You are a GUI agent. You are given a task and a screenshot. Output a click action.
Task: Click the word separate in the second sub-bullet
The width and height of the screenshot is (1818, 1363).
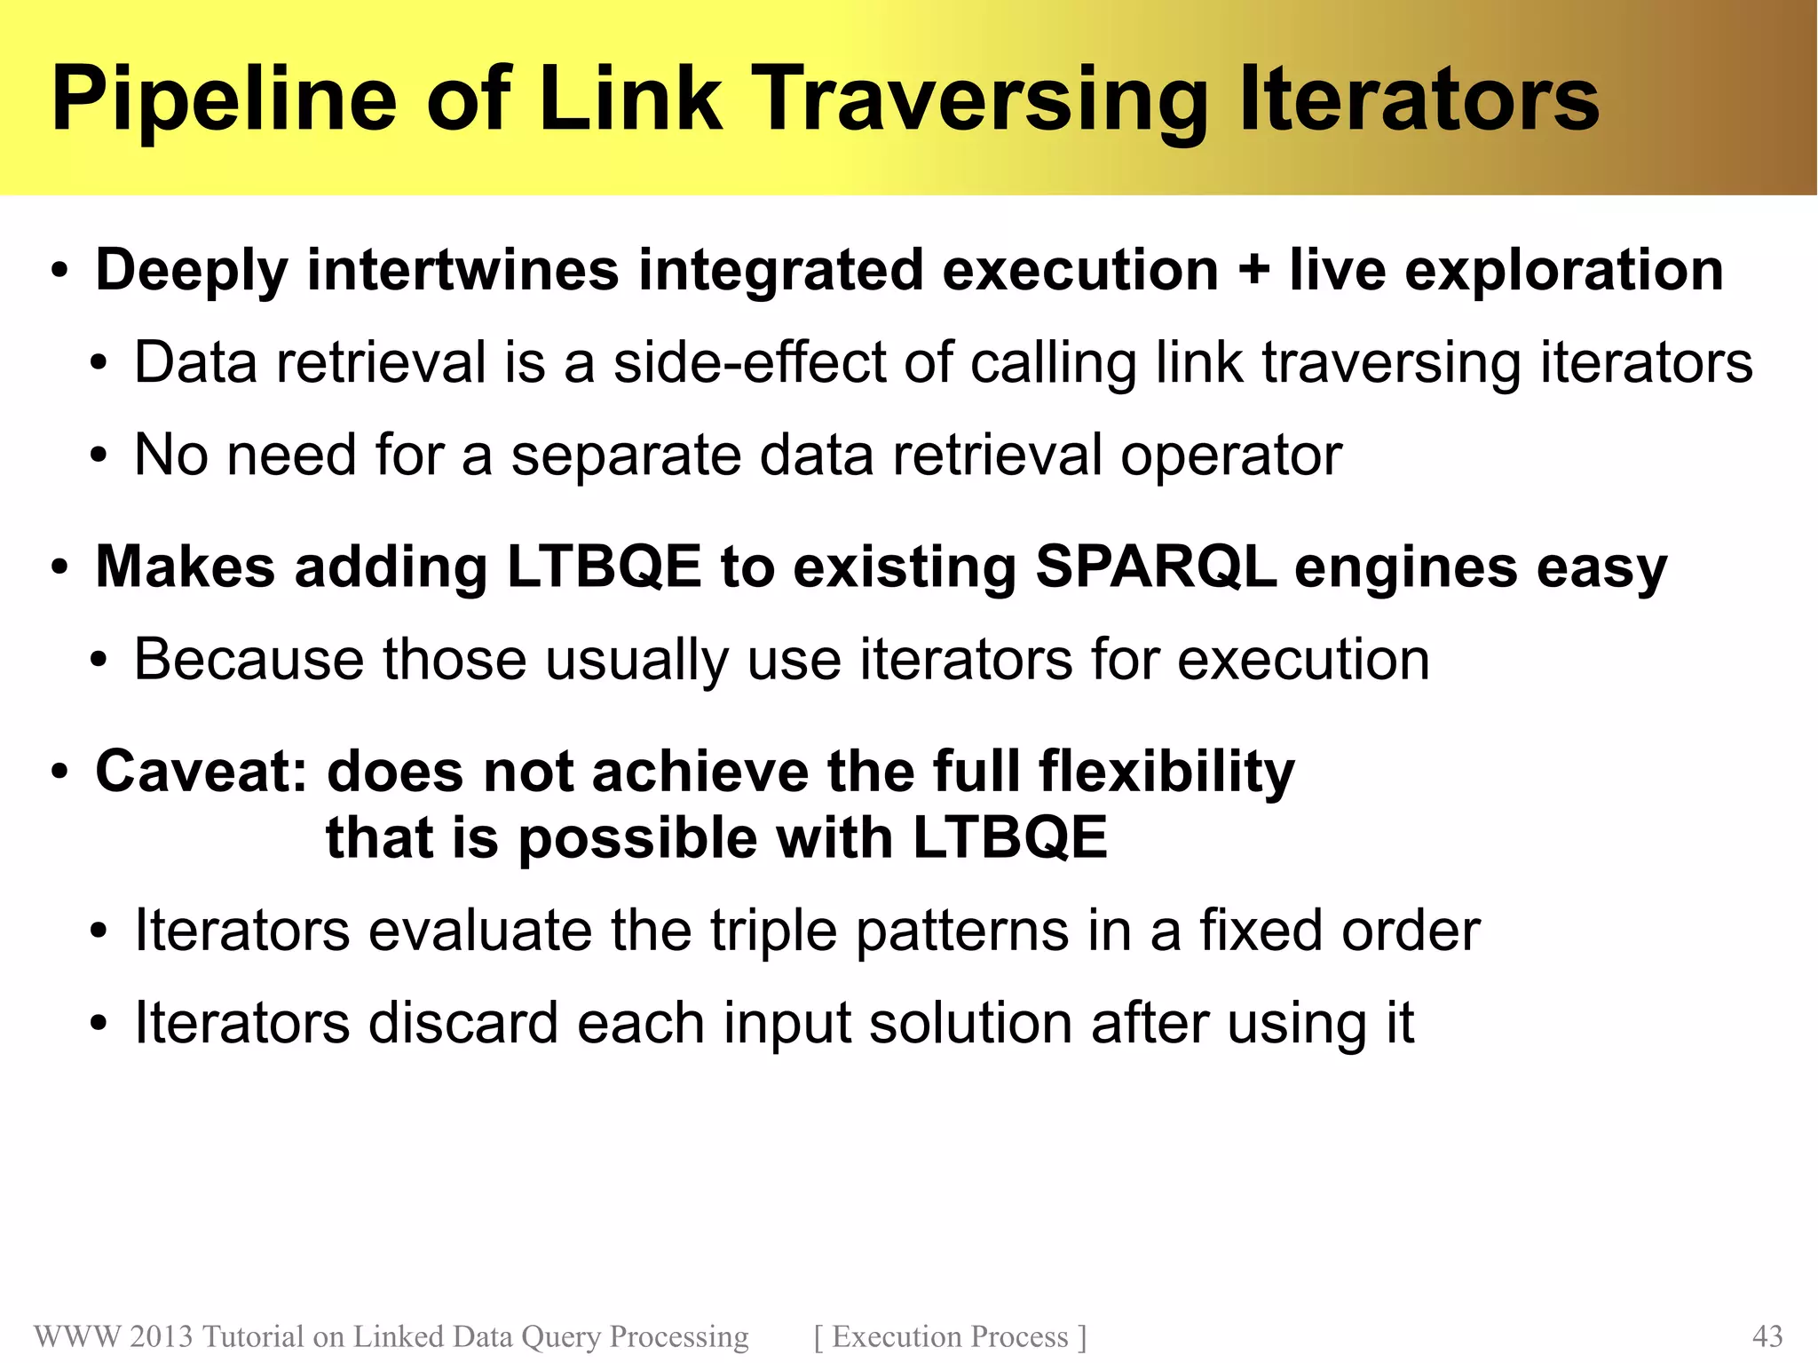click(626, 455)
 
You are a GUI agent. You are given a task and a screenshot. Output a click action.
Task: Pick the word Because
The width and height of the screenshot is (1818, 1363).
click(249, 659)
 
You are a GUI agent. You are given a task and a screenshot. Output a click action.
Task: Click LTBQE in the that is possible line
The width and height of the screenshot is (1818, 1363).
click(1010, 837)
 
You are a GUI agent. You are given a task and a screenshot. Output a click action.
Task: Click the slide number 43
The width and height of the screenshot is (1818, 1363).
click(1767, 1336)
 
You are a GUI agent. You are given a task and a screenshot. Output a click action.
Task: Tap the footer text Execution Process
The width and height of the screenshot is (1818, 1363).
click(950, 1336)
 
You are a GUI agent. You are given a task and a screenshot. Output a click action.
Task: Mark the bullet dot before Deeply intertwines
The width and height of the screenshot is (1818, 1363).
click(59, 272)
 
